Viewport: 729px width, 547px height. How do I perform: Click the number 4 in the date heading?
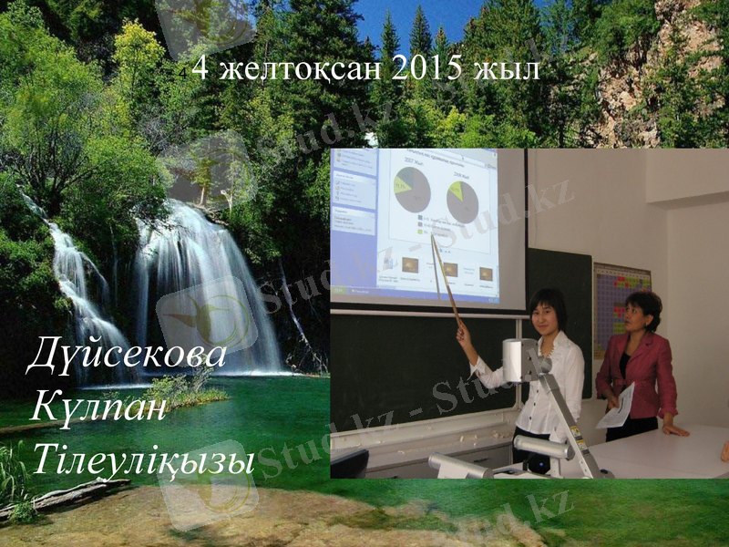[x=200, y=68]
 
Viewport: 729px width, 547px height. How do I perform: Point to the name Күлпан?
[x=98, y=408]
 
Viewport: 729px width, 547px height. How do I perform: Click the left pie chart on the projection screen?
[x=412, y=190]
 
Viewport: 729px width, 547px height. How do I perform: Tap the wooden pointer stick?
[x=446, y=278]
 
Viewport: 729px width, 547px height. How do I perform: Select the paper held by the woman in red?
[x=617, y=407]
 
